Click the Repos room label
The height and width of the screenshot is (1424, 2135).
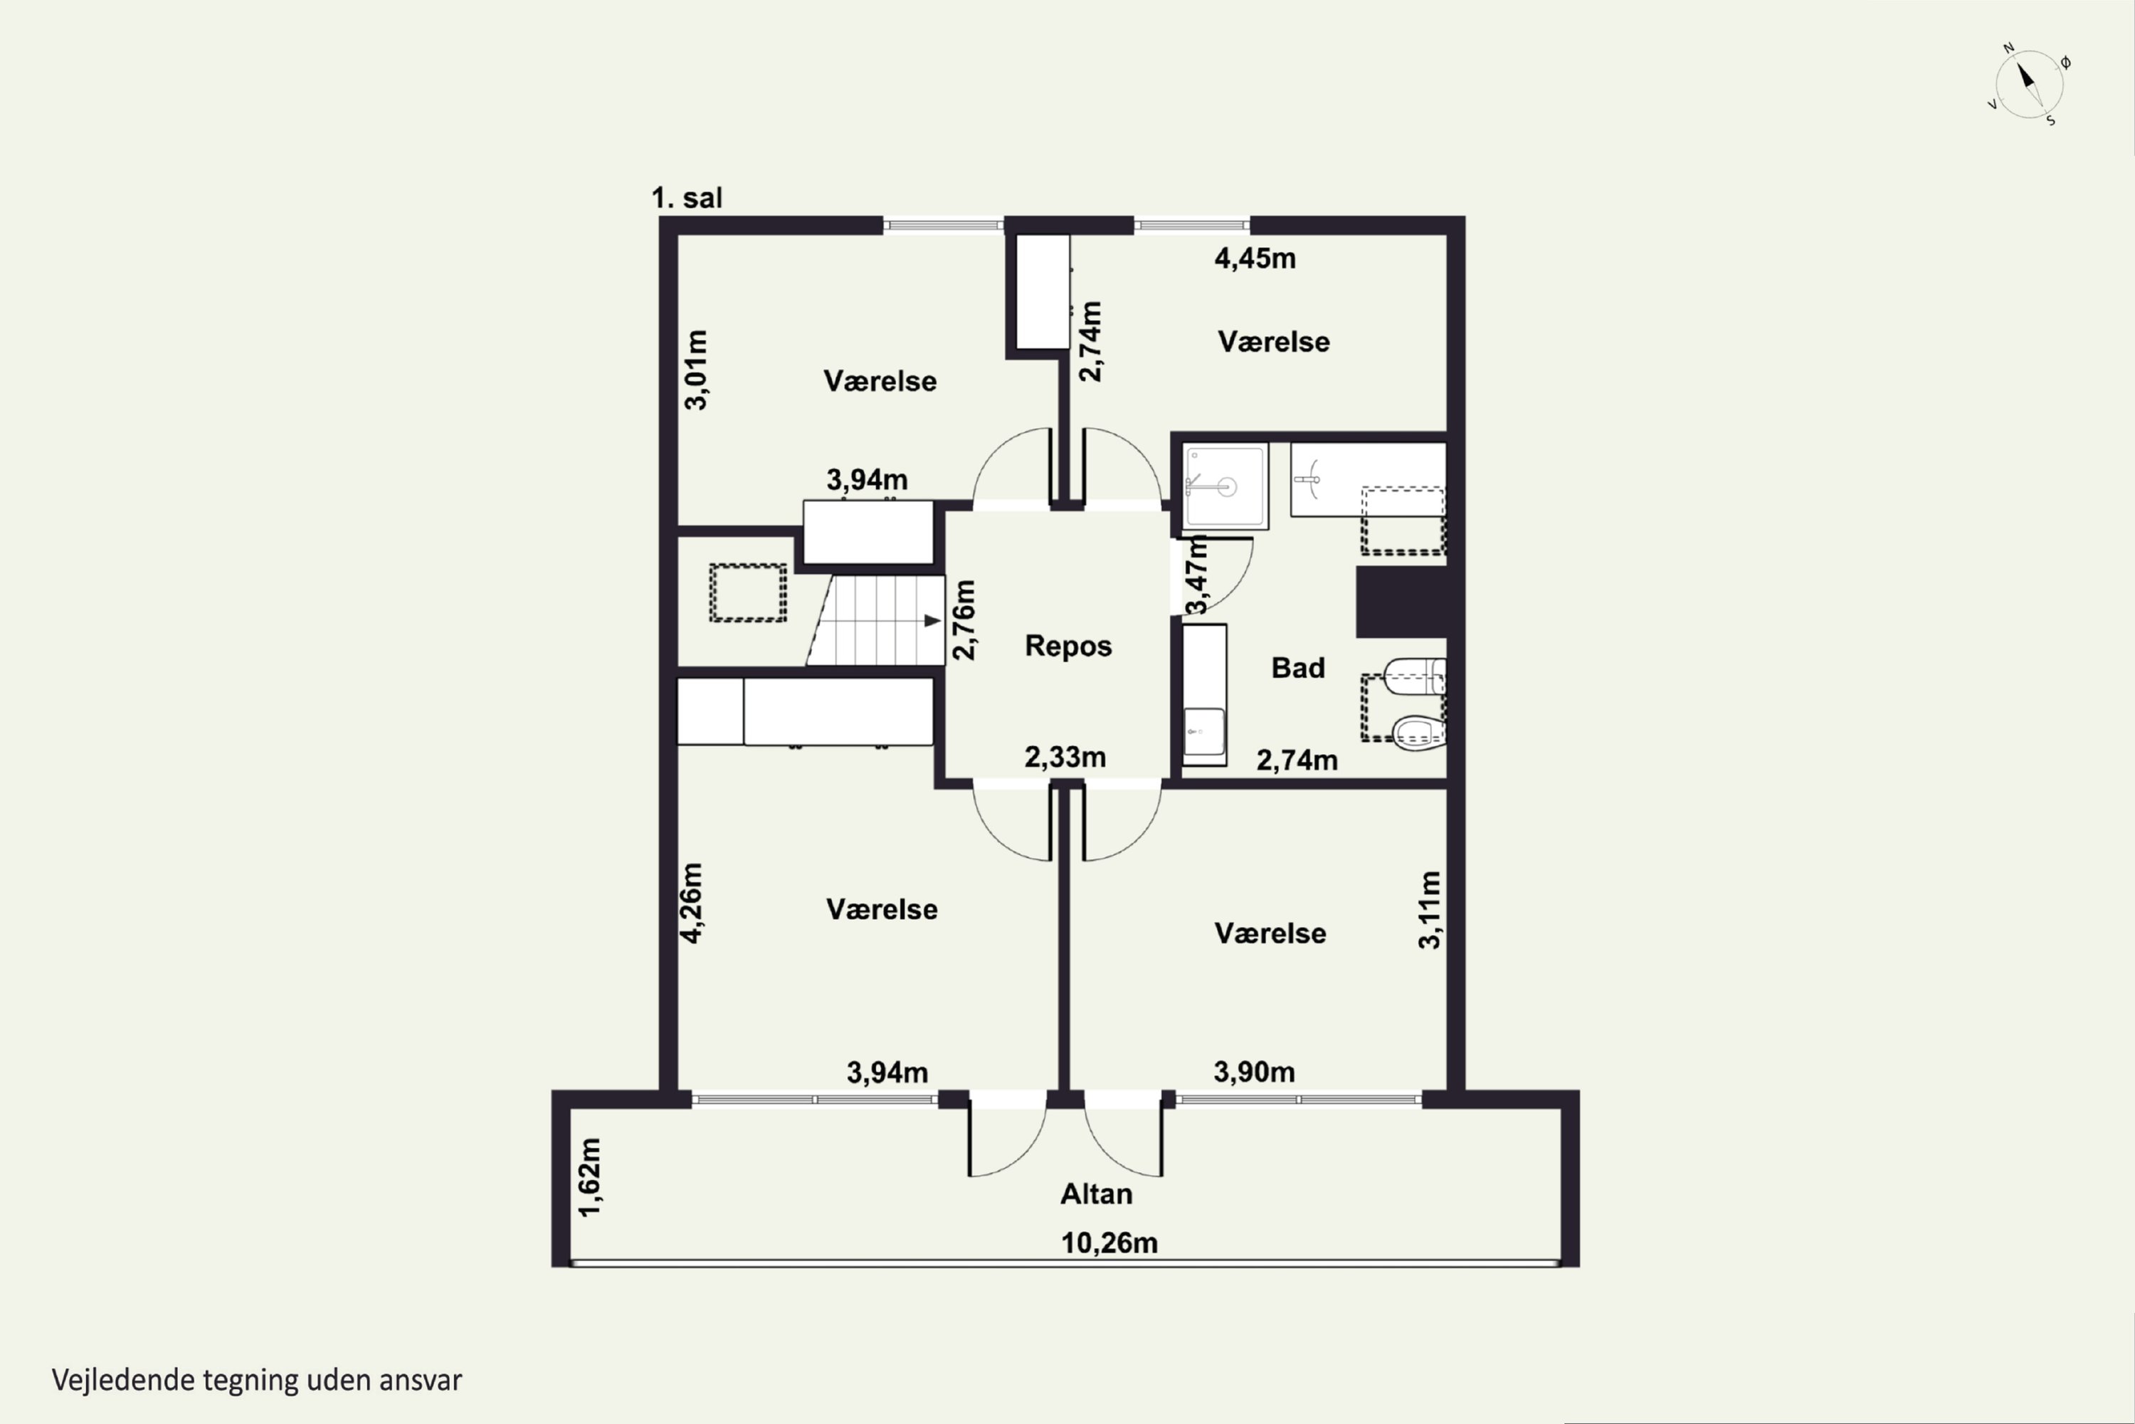pos(1068,646)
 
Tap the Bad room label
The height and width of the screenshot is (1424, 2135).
pos(1298,668)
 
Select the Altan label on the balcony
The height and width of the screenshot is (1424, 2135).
pos(1097,1193)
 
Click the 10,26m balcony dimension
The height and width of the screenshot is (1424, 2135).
pos(1109,1242)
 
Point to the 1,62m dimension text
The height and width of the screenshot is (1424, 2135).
pos(589,1177)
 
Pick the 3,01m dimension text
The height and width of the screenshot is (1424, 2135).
pos(695,370)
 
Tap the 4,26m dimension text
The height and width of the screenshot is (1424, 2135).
pos(692,903)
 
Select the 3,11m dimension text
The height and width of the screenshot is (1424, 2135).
pos(1430,910)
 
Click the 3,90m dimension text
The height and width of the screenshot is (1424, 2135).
pos(1255,1072)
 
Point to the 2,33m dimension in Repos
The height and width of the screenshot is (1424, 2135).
pos(1065,756)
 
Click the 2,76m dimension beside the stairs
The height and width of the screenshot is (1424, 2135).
pos(964,619)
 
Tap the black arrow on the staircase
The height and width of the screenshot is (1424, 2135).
pos(932,620)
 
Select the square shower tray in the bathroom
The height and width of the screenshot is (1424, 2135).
pos(1225,486)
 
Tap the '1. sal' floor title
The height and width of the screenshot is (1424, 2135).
pos(687,197)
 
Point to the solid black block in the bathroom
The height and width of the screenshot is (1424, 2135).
pos(1401,602)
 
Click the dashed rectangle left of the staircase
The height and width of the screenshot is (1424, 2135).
pos(748,593)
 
